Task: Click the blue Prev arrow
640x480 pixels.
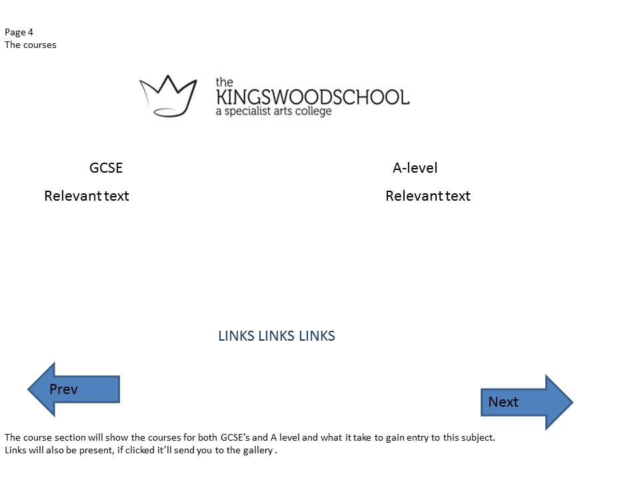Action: [x=73, y=389]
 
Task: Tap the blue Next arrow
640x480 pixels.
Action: [x=527, y=402]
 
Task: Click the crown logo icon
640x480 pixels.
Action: [x=168, y=95]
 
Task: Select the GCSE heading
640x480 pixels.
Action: [x=106, y=168]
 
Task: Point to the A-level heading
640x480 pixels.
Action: [x=415, y=168]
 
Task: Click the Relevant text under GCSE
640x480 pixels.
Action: [x=87, y=196]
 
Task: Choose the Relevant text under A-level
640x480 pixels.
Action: [x=428, y=196]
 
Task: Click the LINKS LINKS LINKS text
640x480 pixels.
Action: [x=276, y=336]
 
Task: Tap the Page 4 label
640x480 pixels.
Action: [x=19, y=32]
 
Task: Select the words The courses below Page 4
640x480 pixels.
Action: [x=31, y=45]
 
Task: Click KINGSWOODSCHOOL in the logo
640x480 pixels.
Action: [x=312, y=97]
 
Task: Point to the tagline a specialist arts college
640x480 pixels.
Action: [x=273, y=111]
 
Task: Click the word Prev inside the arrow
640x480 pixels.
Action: [x=64, y=389]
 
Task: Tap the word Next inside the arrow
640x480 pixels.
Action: [x=503, y=402]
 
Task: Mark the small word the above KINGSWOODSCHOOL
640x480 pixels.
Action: [x=224, y=82]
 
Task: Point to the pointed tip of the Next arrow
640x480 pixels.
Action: [x=571, y=402]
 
